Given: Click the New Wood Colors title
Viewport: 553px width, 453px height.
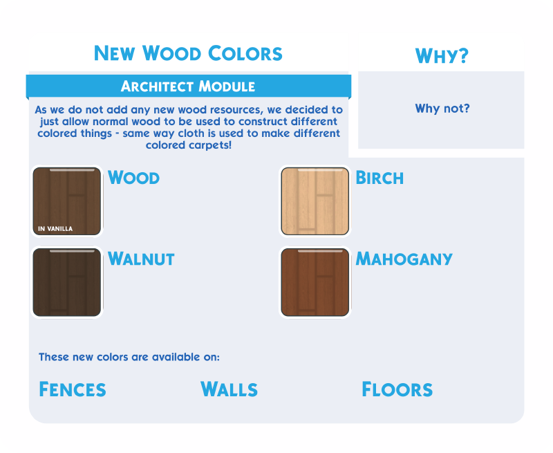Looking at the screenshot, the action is pos(188,53).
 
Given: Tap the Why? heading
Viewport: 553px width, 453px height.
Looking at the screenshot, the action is pos(442,56).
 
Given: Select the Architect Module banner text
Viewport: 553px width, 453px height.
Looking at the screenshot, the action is pos(188,86).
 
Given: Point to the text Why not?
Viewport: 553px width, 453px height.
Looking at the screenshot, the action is pos(442,109).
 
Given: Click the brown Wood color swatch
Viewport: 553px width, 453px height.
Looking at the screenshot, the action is pos(67,201).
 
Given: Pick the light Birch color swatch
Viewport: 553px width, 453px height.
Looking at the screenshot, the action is pos(315,201).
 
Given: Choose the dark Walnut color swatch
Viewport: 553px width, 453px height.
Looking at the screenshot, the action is pos(67,282).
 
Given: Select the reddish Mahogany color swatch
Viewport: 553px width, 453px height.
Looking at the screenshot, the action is pos(315,282).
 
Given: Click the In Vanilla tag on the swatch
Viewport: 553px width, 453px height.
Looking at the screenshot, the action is pos(55,229).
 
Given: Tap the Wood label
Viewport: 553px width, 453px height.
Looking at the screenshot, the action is pos(133,178).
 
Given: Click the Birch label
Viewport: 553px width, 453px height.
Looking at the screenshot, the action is pos(379,178).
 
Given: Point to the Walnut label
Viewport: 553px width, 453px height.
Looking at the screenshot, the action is pos(141,259).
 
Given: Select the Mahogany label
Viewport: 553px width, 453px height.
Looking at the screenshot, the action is pos(404,259).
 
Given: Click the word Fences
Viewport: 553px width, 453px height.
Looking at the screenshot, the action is pos(73,389).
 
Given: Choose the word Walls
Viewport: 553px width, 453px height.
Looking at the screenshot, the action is pos(229,389).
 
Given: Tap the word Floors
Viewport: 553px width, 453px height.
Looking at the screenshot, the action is pos(397,389).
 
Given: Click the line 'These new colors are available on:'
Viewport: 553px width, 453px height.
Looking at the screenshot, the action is pos(129,357).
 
